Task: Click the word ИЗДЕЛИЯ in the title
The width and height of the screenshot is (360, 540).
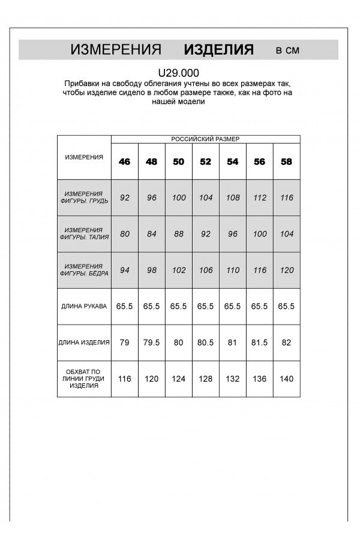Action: pos(218,50)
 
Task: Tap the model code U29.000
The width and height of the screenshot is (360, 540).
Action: pos(179,73)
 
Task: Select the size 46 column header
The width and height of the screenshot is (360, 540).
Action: pos(125,161)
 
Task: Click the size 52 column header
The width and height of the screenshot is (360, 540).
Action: pos(205,161)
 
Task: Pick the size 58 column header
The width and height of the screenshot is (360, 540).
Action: pos(287,161)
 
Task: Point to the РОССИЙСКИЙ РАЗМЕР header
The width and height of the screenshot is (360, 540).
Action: pos(205,139)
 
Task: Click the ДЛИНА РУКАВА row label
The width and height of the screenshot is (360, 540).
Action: pos(84,306)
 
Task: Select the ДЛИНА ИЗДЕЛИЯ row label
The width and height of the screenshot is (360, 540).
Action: pos(84,343)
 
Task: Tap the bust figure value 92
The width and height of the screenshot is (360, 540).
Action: pos(125,197)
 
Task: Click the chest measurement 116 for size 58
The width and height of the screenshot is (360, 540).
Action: pos(287,197)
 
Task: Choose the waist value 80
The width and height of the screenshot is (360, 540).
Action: pos(125,233)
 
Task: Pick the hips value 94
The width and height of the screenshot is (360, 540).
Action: pos(125,270)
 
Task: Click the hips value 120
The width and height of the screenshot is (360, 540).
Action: pos(287,270)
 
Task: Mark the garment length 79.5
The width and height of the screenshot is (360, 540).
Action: pos(152,343)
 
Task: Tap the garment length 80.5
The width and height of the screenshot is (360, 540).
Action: pos(205,343)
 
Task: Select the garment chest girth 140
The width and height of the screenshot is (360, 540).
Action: pos(287,379)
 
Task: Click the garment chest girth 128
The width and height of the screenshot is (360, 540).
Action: pos(205,379)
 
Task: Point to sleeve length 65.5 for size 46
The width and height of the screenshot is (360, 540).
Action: pos(125,306)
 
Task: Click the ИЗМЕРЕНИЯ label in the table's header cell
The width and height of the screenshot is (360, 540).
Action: pos(84,157)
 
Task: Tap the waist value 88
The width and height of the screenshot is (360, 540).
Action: pos(179,233)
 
